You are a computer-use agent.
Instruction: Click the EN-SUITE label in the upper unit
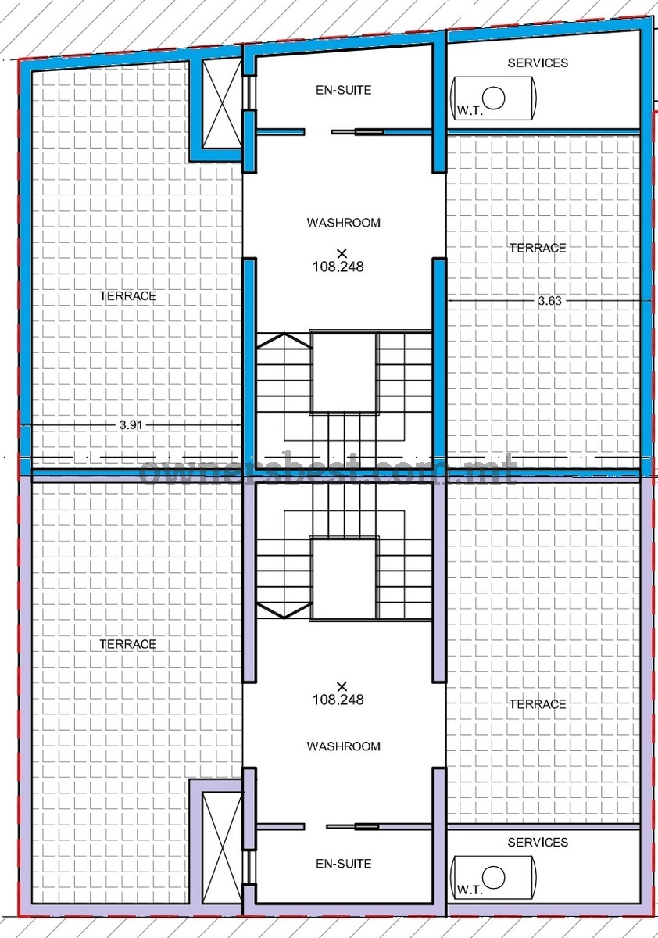tap(343, 90)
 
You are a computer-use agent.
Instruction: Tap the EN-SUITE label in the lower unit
tap(343, 864)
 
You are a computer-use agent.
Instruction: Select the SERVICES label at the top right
tap(538, 63)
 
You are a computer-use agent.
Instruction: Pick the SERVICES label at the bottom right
tap(538, 842)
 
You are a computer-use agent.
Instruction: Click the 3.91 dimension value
tap(131, 425)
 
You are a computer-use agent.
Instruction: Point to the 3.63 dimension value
tap(549, 301)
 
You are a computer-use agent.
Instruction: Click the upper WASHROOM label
tap(343, 222)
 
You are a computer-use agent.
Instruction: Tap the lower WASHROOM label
tap(343, 746)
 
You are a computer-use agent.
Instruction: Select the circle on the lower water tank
tap(494, 875)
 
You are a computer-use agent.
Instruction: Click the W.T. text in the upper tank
tap(470, 111)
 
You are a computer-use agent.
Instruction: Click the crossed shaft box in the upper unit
tap(221, 103)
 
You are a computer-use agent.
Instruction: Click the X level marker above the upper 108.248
tap(342, 253)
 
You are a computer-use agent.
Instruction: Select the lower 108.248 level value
tap(338, 700)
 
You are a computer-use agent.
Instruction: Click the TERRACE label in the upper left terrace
tap(127, 296)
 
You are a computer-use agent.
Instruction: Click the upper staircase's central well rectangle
tap(344, 373)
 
